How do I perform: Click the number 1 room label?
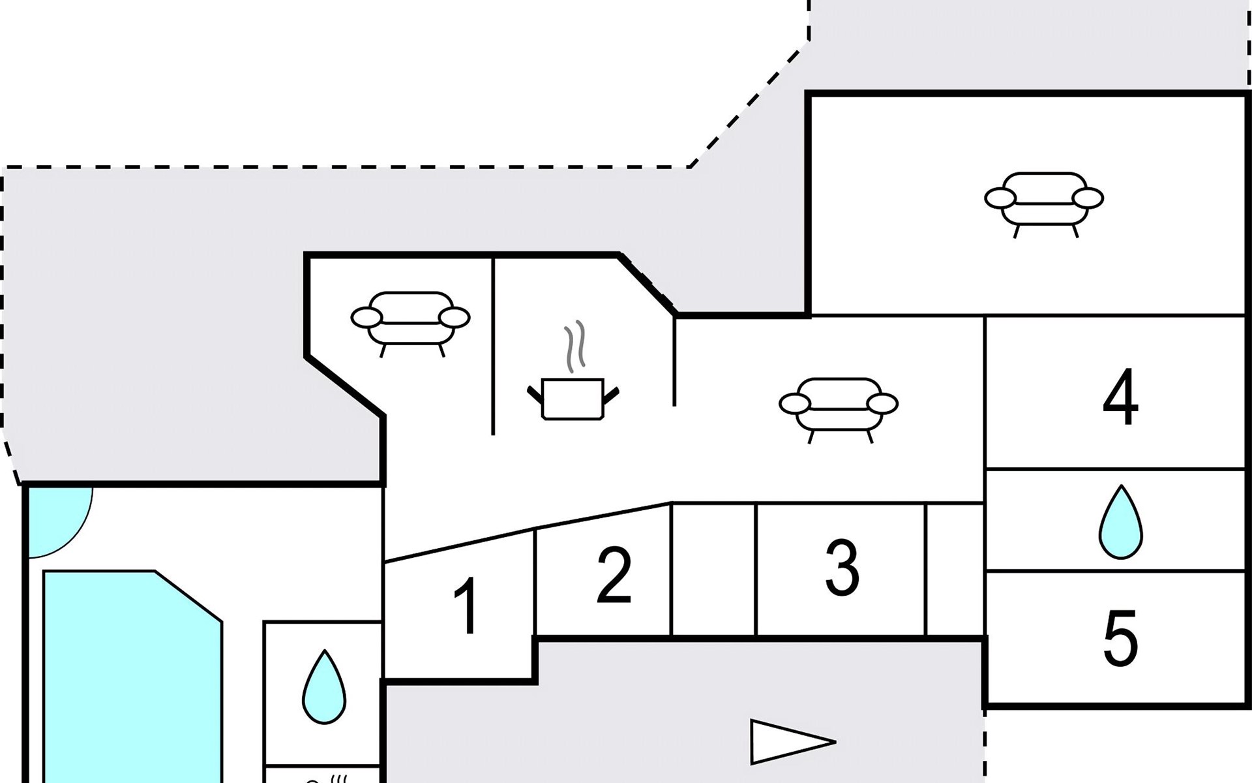(x=467, y=606)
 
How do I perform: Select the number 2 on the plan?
(x=614, y=575)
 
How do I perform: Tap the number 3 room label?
(x=842, y=568)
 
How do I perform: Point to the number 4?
(x=1120, y=396)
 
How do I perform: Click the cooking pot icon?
(x=573, y=398)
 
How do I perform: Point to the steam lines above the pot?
(x=575, y=346)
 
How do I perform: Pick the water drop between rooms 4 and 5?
(x=1121, y=522)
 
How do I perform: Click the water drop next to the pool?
(x=324, y=686)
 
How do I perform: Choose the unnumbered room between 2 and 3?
(x=713, y=569)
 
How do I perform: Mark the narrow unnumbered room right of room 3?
(x=955, y=569)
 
